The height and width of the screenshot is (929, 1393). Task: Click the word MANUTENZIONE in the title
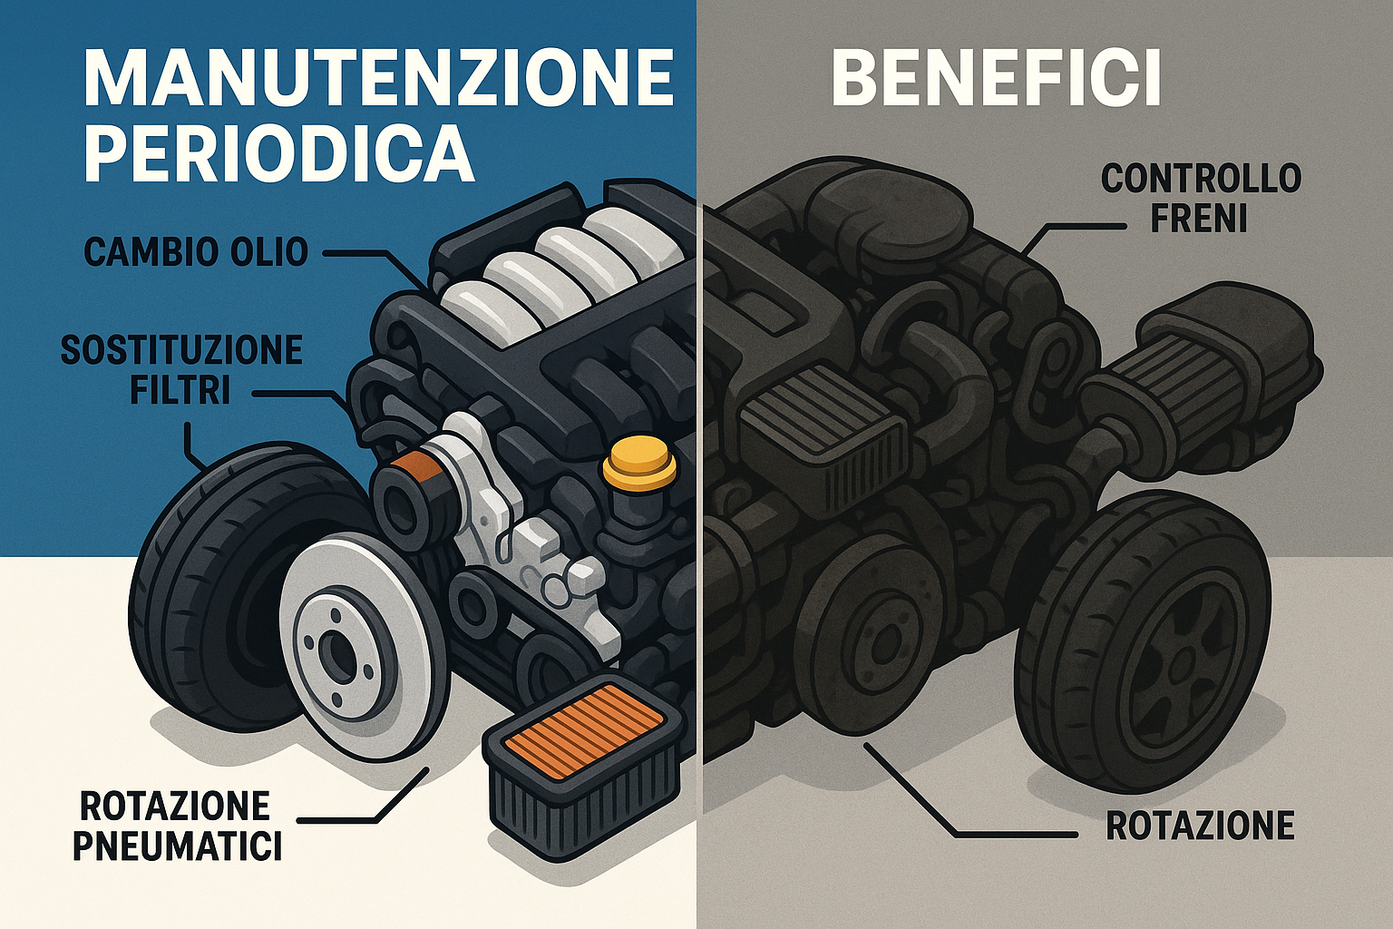click(378, 79)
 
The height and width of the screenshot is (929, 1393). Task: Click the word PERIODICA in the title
click(279, 153)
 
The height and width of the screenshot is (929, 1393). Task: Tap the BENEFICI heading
click(996, 79)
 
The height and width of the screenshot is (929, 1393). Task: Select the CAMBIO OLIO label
click(196, 251)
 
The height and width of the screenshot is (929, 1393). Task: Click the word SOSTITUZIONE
click(181, 349)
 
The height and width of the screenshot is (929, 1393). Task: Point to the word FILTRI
click(180, 390)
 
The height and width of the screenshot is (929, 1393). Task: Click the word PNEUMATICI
click(177, 846)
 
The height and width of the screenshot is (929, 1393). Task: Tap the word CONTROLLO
click(1201, 179)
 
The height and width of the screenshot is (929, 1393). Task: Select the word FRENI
click(1199, 219)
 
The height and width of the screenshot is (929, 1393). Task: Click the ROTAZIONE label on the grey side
click(1200, 826)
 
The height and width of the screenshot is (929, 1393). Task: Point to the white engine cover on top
click(553, 263)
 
